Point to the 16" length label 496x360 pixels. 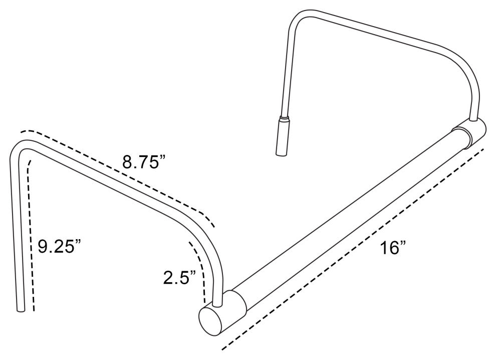pos(392,248)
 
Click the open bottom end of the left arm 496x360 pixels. pos(20,310)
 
